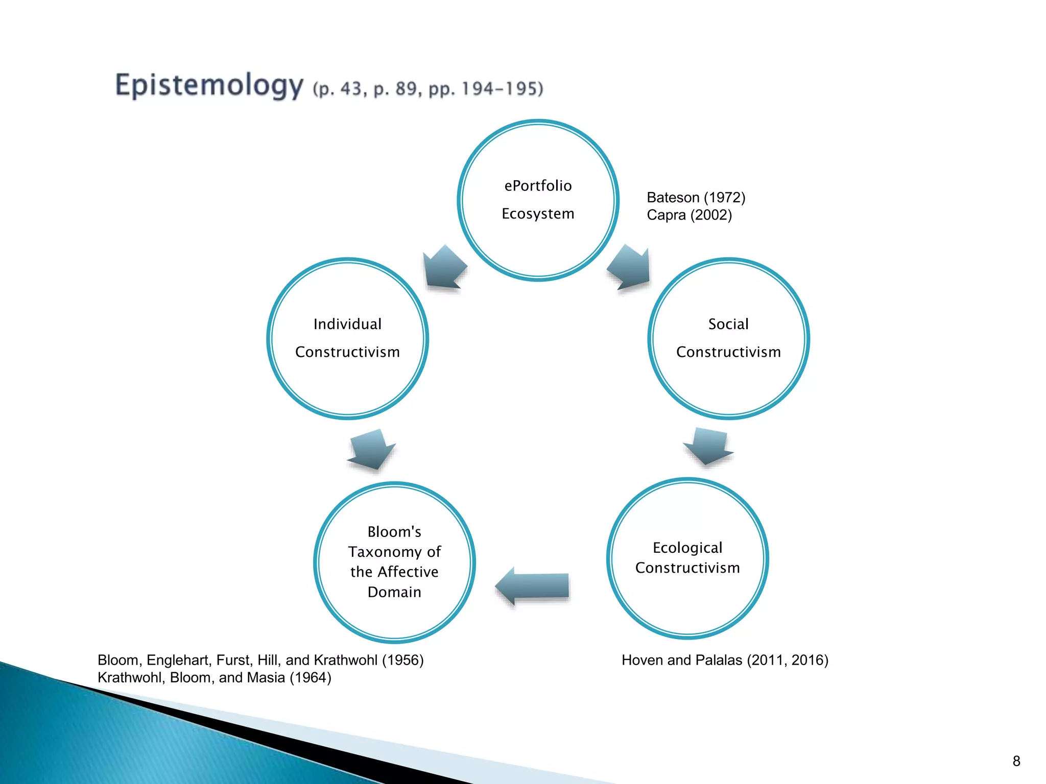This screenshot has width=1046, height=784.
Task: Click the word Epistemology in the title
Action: pos(209,85)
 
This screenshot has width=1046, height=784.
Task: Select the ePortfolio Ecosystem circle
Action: pos(538,200)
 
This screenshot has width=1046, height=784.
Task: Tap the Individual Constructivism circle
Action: pos(347,338)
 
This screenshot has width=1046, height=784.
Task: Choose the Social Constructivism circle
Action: pos(728,338)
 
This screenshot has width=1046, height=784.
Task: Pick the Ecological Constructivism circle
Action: pos(687,558)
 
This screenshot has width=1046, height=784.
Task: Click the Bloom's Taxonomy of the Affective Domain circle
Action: pos(394,562)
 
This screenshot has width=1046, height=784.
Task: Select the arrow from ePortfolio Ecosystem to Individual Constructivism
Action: pos(444,267)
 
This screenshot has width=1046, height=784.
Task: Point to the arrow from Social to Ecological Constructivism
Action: pos(709,446)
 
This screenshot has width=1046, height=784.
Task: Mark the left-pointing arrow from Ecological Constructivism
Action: pos(532,586)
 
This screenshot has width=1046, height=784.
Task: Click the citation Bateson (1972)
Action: pos(696,198)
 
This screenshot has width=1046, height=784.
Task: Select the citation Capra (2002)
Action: pos(689,215)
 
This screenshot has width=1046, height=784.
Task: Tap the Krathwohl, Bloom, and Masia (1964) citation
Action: pos(214,678)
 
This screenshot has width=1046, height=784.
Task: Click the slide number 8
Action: pos(1016,761)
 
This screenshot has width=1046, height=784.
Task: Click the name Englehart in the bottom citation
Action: pos(179,660)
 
